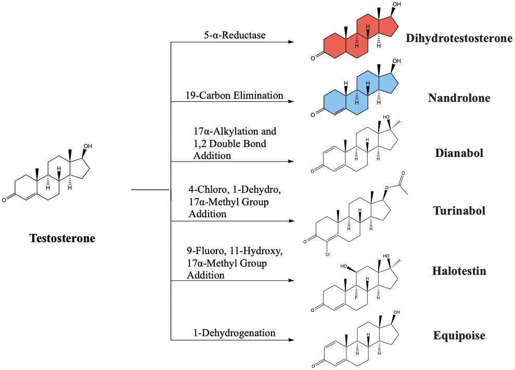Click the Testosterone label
[x=62, y=238]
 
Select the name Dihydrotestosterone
[x=459, y=38]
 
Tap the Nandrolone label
[x=459, y=98]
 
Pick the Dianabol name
[x=459, y=153]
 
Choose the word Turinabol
[x=459, y=210]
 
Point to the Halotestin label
[x=459, y=271]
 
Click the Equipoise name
[x=459, y=335]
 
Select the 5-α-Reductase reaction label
[x=235, y=35]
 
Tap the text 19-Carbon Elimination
[x=234, y=96]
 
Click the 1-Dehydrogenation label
[x=234, y=333]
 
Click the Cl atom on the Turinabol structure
[x=327, y=254]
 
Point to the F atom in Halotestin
[x=356, y=298]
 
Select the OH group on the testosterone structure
[x=88, y=146]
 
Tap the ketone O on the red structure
[x=313, y=58]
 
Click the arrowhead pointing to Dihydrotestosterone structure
[x=291, y=42]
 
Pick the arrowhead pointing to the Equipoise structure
[x=291, y=340]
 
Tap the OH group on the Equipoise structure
[x=397, y=312]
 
